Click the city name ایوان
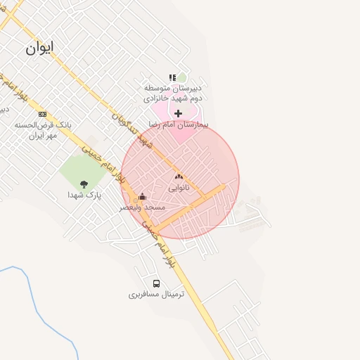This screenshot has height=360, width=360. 39,48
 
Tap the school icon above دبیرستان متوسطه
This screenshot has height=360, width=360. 172,78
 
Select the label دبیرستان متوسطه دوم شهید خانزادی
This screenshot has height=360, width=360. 173,93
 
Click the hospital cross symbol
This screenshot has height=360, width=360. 179,113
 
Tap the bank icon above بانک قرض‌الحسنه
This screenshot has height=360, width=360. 42,114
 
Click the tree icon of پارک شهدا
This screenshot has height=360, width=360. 84,184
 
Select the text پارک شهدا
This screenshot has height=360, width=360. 84,195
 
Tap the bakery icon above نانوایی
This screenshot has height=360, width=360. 178,177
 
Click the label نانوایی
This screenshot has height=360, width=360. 178,188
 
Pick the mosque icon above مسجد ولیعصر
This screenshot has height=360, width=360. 143,196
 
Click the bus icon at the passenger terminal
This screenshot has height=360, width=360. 156,284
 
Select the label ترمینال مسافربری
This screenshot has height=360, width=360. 156,295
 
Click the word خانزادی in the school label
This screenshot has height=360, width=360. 159,98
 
